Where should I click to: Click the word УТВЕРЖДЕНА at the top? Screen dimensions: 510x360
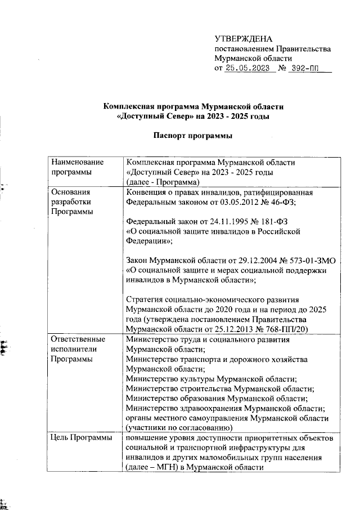244,39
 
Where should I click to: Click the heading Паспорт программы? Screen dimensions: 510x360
193,136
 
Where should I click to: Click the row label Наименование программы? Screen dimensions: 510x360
73,167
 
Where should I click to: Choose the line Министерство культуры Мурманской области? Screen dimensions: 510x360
211,379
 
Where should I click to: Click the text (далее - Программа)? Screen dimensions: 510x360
164,182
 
